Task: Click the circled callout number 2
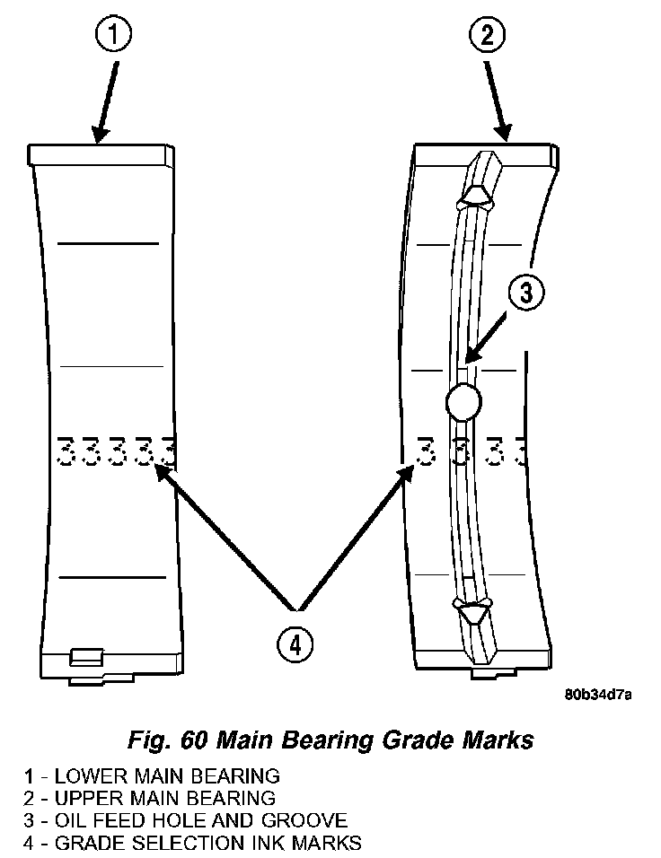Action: point(486,37)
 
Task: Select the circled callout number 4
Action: point(297,643)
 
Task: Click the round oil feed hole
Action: point(463,401)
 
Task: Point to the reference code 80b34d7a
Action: point(599,695)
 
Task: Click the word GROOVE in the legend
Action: point(313,819)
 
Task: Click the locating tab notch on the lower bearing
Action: point(85,655)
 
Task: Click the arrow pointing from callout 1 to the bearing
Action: point(106,99)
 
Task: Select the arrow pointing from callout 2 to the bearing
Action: point(497,99)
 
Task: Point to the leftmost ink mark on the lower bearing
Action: point(65,451)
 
